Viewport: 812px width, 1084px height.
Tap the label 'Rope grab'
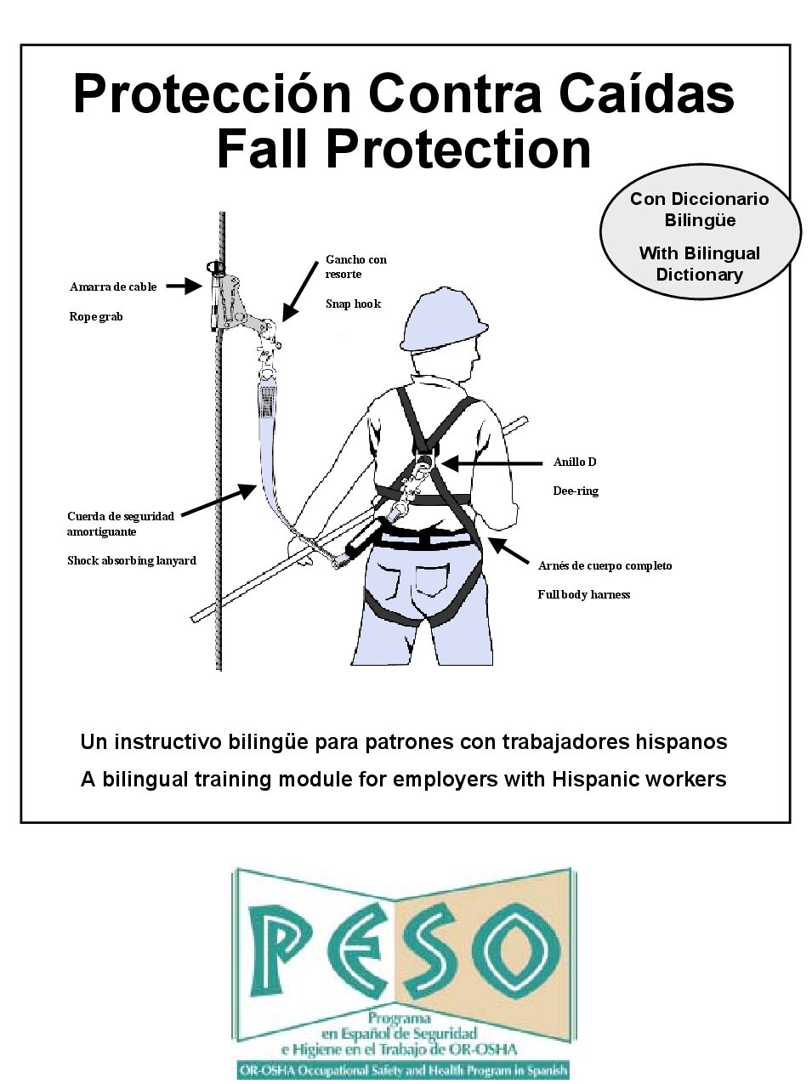96,316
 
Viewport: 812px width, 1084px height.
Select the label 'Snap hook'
353,304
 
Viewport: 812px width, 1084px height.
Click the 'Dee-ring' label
576,491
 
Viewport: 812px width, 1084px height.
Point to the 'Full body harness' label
583,594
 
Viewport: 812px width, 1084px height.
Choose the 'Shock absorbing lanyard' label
132,560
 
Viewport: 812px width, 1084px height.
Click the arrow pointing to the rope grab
182,287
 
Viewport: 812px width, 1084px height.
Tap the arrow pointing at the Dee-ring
491,463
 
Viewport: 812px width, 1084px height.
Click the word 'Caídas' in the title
645,94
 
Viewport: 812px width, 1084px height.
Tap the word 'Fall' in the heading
264,148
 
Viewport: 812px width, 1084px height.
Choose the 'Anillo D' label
575,462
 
